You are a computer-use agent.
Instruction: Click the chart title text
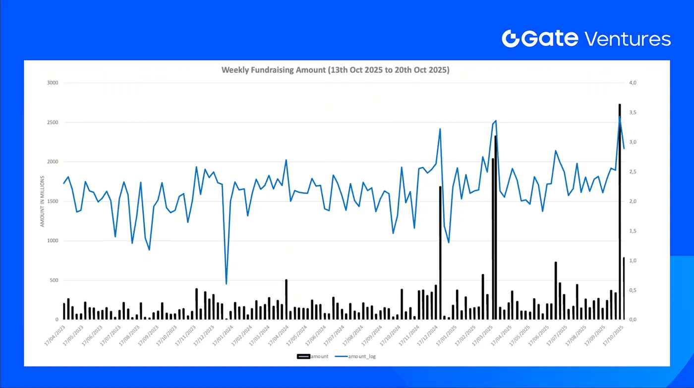click(x=335, y=70)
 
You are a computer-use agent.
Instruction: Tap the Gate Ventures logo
click(x=586, y=38)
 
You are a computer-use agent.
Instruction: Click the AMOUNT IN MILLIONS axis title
click(x=43, y=201)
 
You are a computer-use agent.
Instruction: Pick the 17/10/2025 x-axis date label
click(x=612, y=336)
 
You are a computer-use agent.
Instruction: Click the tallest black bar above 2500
click(x=620, y=208)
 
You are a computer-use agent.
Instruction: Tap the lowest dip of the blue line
click(x=227, y=284)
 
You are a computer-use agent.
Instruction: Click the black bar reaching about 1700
click(x=440, y=253)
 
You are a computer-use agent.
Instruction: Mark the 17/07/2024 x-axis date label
click(x=334, y=336)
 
